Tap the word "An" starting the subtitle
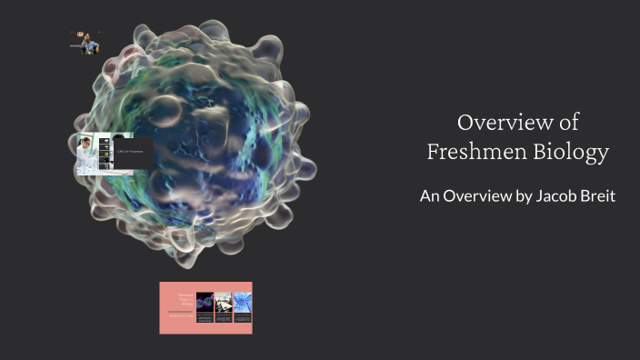429,195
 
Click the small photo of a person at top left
86,43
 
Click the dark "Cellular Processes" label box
132,153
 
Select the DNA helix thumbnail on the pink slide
205,302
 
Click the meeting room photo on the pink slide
224,302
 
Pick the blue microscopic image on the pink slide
243,302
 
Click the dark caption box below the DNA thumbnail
205,319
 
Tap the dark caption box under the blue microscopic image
243,319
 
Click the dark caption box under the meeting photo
224,319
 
